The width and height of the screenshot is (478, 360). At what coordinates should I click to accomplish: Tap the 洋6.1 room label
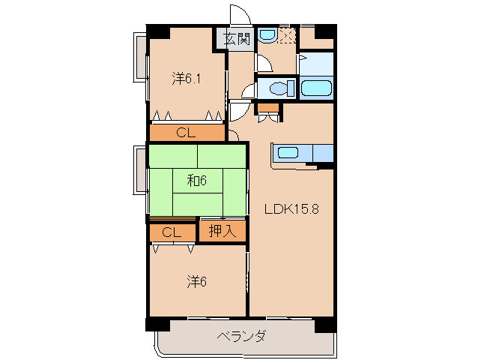click(186, 77)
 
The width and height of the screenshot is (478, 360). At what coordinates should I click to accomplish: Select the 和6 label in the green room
click(197, 180)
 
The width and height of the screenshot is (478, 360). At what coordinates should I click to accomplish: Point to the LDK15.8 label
click(292, 210)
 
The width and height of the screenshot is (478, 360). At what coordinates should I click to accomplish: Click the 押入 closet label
click(223, 231)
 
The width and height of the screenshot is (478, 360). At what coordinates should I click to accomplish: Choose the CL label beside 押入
click(172, 232)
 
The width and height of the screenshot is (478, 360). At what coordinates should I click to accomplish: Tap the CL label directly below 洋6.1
click(186, 133)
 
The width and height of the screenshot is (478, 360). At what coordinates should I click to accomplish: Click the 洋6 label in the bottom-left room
click(196, 281)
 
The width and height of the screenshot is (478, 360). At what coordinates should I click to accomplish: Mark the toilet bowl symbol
click(279, 88)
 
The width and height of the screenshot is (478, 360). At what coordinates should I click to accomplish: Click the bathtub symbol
click(315, 88)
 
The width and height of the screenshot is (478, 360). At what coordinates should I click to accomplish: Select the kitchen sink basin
click(288, 154)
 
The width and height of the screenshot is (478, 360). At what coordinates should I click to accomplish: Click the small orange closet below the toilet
click(267, 106)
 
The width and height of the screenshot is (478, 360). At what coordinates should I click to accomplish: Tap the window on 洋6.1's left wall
click(139, 57)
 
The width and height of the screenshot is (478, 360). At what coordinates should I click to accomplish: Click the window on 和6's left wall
click(139, 169)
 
